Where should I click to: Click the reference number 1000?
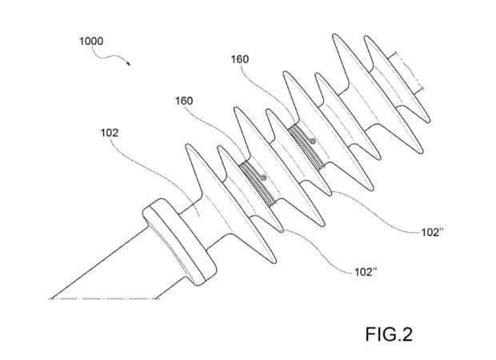[91, 41]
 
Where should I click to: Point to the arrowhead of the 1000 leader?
[129, 63]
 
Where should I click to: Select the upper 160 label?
[240, 59]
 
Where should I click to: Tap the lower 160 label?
[184, 101]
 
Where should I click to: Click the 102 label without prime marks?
[110, 133]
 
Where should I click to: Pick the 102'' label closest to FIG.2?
[366, 272]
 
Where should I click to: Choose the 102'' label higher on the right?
[433, 232]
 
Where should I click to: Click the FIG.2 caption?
[389, 334]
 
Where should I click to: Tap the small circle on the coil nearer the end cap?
[263, 178]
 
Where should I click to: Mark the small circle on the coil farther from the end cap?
[313, 142]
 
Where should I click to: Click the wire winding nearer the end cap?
[257, 183]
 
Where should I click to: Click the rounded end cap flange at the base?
[179, 242]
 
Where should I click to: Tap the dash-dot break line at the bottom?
[104, 298]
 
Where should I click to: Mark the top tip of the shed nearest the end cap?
[189, 146]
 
